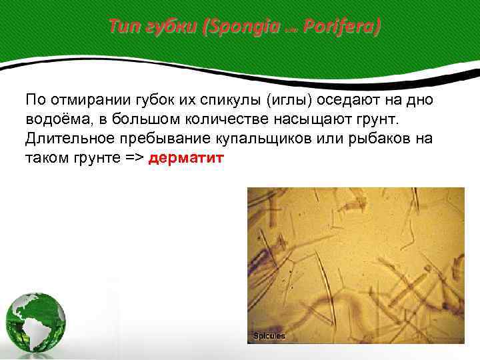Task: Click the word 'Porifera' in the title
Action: (341, 27)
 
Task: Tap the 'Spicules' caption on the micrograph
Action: (269, 336)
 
